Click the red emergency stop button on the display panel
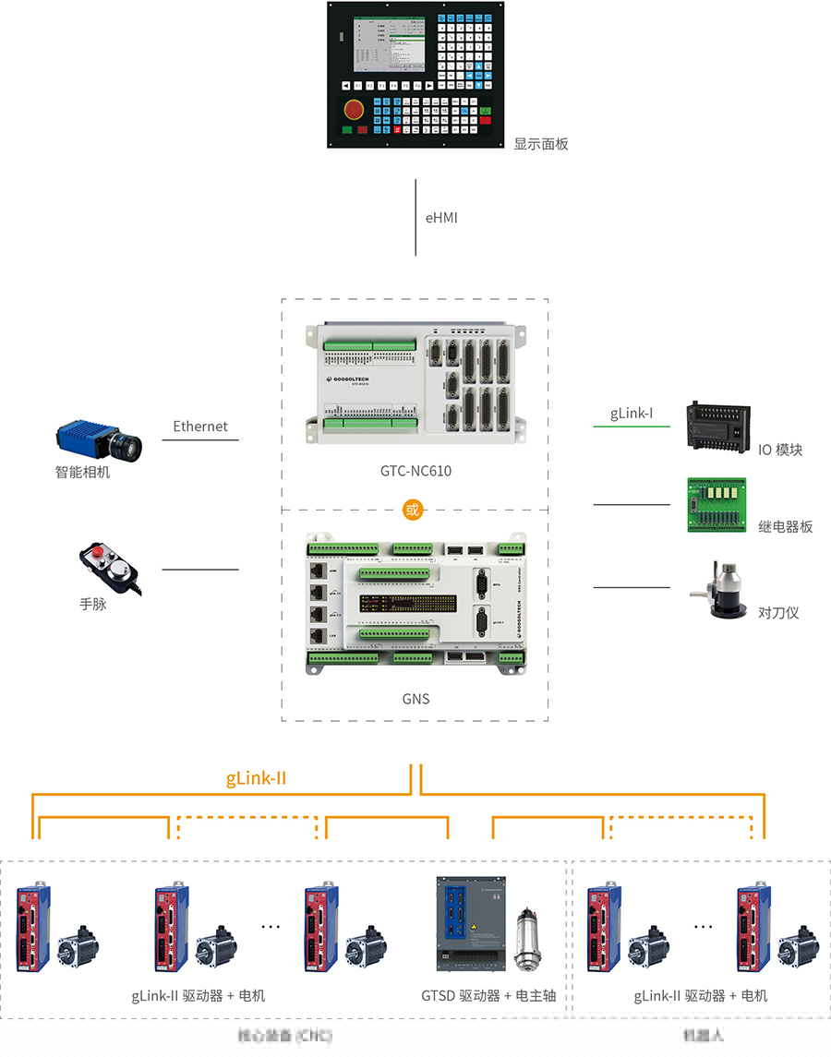click(x=354, y=109)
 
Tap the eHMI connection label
click(x=441, y=219)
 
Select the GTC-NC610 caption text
click(x=415, y=471)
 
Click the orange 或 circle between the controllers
click(x=413, y=510)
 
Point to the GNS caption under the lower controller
click(x=415, y=699)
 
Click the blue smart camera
click(x=99, y=441)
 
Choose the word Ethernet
click(x=200, y=426)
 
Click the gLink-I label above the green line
click(x=632, y=414)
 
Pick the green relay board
click(x=717, y=504)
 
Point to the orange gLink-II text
click(x=256, y=778)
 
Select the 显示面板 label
click(x=541, y=144)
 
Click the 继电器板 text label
click(x=786, y=526)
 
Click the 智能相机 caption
click(x=82, y=473)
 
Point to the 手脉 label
click(x=93, y=605)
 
